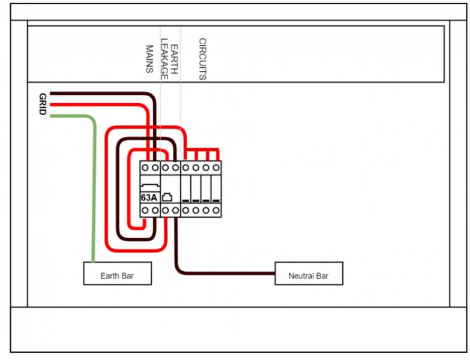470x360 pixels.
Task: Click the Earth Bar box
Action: tap(117, 275)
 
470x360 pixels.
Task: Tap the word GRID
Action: tap(43, 105)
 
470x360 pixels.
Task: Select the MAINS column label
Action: tap(150, 58)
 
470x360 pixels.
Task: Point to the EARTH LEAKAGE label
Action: tap(170, 60)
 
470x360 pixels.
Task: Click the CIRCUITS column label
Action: tap(202, 59)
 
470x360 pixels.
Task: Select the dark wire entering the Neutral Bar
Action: tap(228, 274)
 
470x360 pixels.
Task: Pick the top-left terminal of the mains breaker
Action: tap(145, 167)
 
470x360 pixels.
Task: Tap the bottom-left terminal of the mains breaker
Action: tap(145, 211)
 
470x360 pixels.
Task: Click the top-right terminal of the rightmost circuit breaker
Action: tap(216, 167)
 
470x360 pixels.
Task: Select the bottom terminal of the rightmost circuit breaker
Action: tap(216, 211)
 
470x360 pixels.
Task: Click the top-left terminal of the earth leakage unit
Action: tap(165, 167)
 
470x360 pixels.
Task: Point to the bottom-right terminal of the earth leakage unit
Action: tap(175, 211)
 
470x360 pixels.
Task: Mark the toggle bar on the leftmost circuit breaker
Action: tap(186, 199)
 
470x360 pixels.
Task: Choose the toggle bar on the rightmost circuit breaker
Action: tap(216, 199)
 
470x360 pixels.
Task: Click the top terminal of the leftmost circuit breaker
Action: tap(186, 167)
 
